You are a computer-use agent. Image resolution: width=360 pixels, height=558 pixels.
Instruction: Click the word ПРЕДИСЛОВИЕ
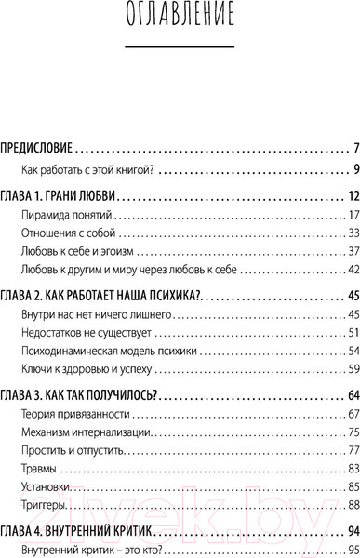tap(36, 148)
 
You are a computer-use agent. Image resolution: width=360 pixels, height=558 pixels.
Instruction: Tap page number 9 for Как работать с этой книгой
tap(343, 168)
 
